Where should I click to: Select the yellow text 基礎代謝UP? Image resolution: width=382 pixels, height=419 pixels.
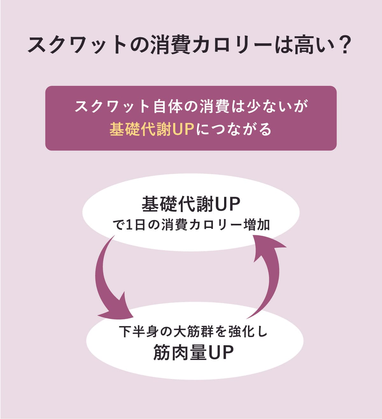coord(152,129)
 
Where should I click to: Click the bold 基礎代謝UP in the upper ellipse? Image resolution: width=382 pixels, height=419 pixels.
coord(191,204)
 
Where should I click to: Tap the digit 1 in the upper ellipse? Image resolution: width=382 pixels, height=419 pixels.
coord(129,225)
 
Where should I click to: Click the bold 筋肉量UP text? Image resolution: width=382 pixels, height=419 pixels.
coord(194,352)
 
